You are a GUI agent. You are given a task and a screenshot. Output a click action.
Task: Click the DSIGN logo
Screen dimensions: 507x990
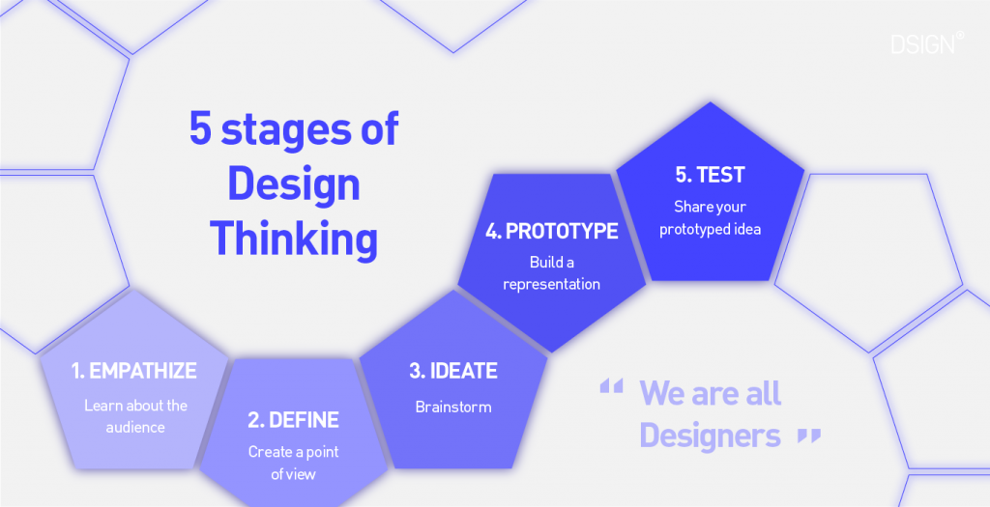pos(923,44)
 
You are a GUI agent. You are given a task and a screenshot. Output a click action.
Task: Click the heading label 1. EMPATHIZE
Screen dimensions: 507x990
pos(133,371)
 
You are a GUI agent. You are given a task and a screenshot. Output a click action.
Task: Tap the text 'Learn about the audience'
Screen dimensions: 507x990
pos(135,416)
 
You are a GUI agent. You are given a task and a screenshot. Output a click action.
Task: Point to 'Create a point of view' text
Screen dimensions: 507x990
pos(293,463)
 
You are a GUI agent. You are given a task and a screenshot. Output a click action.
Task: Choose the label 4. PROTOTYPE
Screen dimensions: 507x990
pos(551,232)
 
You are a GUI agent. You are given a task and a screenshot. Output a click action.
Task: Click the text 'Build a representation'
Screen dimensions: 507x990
pos(551,273)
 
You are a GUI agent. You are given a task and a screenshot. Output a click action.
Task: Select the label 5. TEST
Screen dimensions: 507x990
pos(710,175)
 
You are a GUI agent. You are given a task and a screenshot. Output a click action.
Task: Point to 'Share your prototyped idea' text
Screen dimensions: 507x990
pos(710,218)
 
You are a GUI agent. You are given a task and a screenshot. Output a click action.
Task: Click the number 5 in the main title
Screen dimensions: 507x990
pos(200,129)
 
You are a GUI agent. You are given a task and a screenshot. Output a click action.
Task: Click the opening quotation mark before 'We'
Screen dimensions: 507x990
pos(611,387)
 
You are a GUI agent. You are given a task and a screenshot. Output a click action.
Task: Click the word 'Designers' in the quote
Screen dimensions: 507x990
pos(710,436)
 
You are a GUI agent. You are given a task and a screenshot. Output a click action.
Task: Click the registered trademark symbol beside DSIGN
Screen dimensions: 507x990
pos(960,37)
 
